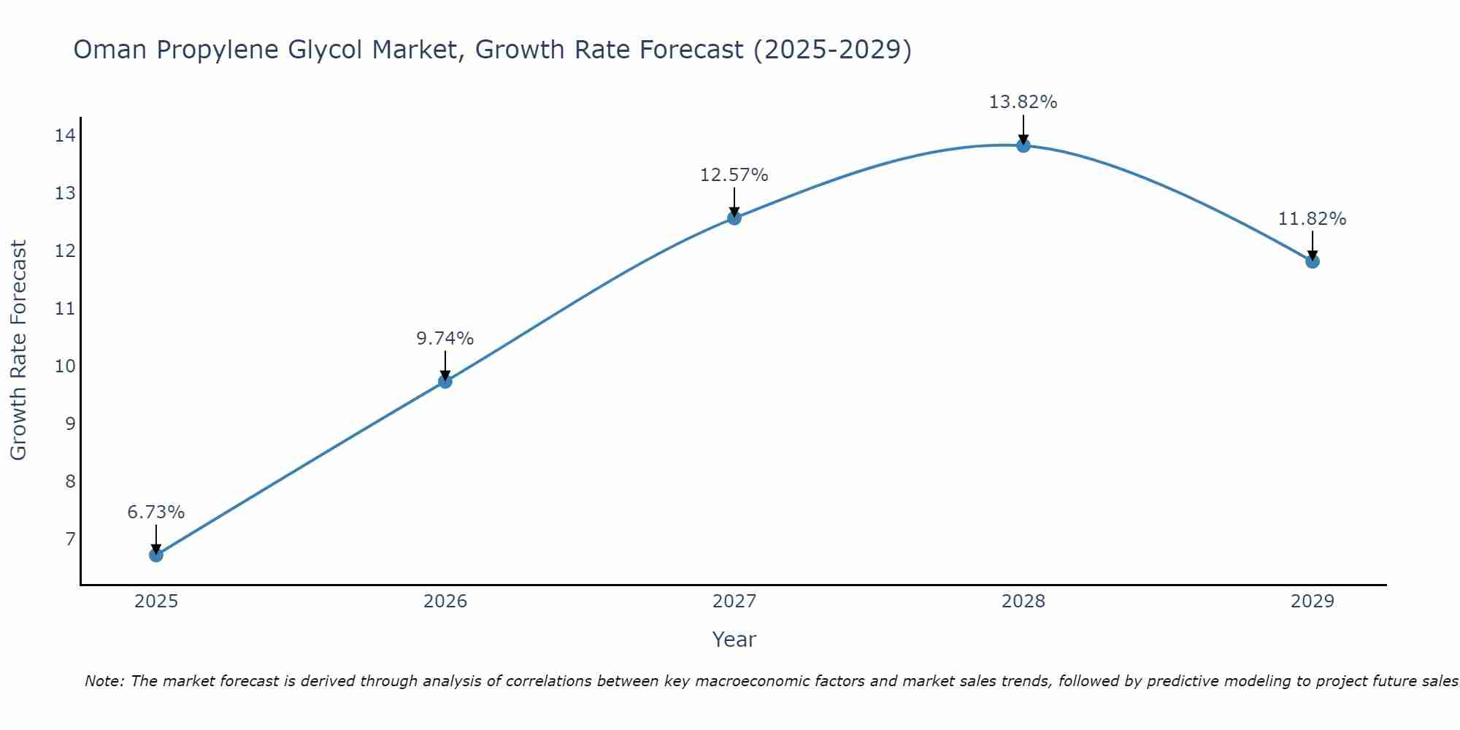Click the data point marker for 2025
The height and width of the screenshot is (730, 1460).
[x=156, y=555]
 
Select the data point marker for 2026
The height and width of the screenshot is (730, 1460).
[x=445, y=381]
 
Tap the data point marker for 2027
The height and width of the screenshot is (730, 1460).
[x=734, y=218]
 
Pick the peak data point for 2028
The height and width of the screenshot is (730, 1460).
[x=1023, y=145]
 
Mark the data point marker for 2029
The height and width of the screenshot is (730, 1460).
[x=1313, y=261]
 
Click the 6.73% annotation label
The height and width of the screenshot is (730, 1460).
[x=156, y=512]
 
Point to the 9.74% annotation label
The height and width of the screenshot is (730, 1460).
[x=445, y=339]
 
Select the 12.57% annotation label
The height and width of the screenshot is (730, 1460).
[x=734, y=175]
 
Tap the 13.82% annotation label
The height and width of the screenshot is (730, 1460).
[x=1023, y=102]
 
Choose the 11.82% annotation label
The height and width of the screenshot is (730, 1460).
[x=1313, y=219]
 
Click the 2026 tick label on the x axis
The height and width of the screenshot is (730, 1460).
[x=445, y=602]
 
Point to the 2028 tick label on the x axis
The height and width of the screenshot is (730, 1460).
[x=1023, y=602]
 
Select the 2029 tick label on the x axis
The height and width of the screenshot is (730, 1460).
[x=1313, y=602]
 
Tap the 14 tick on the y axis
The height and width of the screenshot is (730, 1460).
[x=65, y=135]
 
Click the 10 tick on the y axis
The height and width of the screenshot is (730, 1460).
[x=65, y=366]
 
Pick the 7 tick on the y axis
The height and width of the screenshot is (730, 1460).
[x=70, y=539]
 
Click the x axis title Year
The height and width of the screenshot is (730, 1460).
[x=734, y=639]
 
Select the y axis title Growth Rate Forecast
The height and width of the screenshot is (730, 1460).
[x=18, y=350]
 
